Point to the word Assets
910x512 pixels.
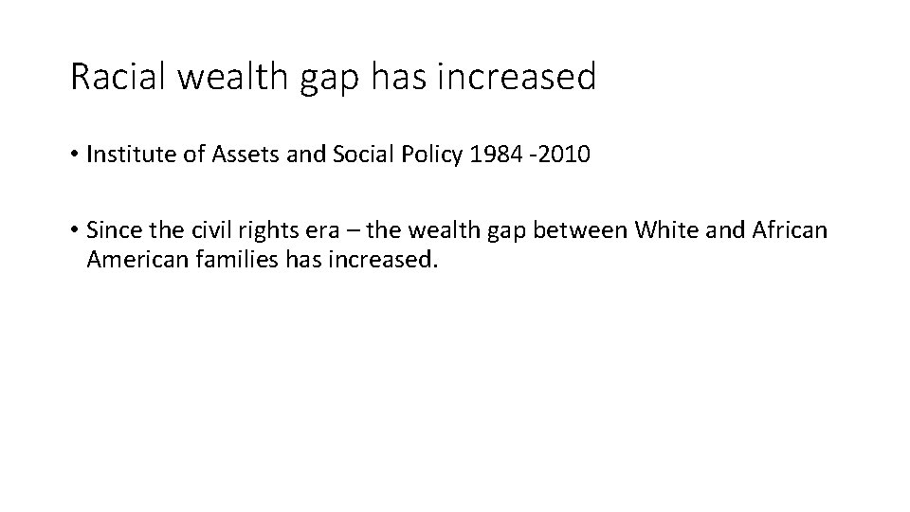click(224, 155)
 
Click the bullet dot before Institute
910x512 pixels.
click(75, 155)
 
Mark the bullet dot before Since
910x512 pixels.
click(75, 229)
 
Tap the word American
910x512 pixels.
click(129, 259)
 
